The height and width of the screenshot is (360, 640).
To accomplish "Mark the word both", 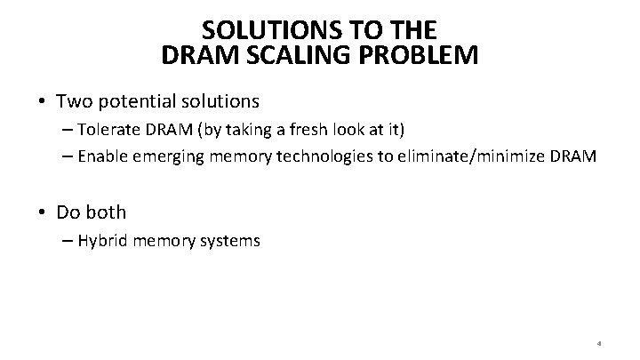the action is (x=106, y=212).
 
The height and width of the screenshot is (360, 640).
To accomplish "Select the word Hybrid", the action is (x=102, y=240).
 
